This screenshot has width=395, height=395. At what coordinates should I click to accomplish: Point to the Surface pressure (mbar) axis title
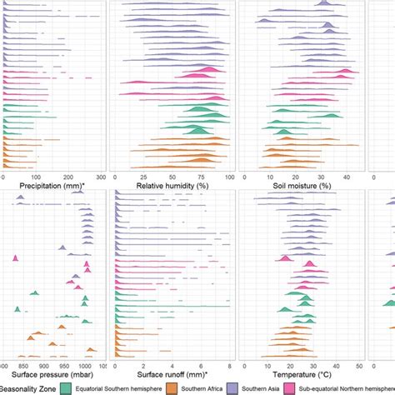[47, 376]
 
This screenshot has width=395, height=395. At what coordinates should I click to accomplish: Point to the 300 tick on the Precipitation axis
[101, 177]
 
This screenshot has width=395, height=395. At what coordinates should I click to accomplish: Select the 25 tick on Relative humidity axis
[142, 177]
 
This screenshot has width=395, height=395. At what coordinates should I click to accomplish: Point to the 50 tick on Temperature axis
[360, 365]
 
